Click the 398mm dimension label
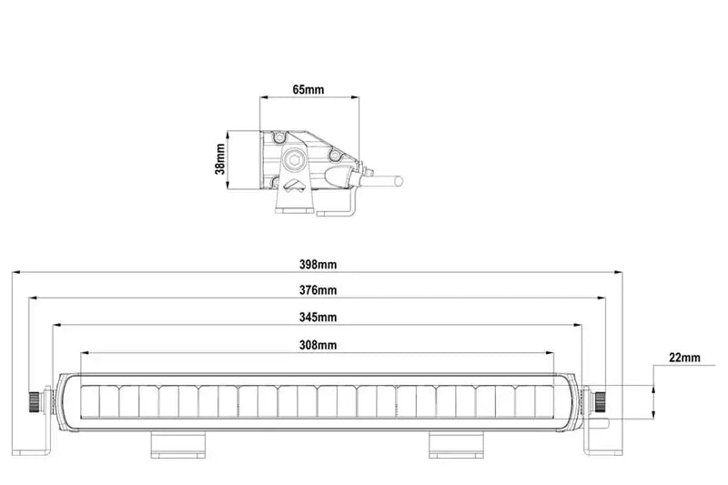tap(318, 265)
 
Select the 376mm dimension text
tap(318, 291)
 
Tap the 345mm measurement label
tap(318, 318)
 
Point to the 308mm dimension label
tap(318, 345)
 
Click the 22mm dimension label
tap(684, 358)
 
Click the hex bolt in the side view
tap(294, 160)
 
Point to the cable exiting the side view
tap(387, 180)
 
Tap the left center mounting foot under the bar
tap(179, 444)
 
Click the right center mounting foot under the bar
tap(457, 444)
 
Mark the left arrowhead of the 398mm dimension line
tap(15, 271)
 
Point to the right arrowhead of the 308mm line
tap(550, 352)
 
